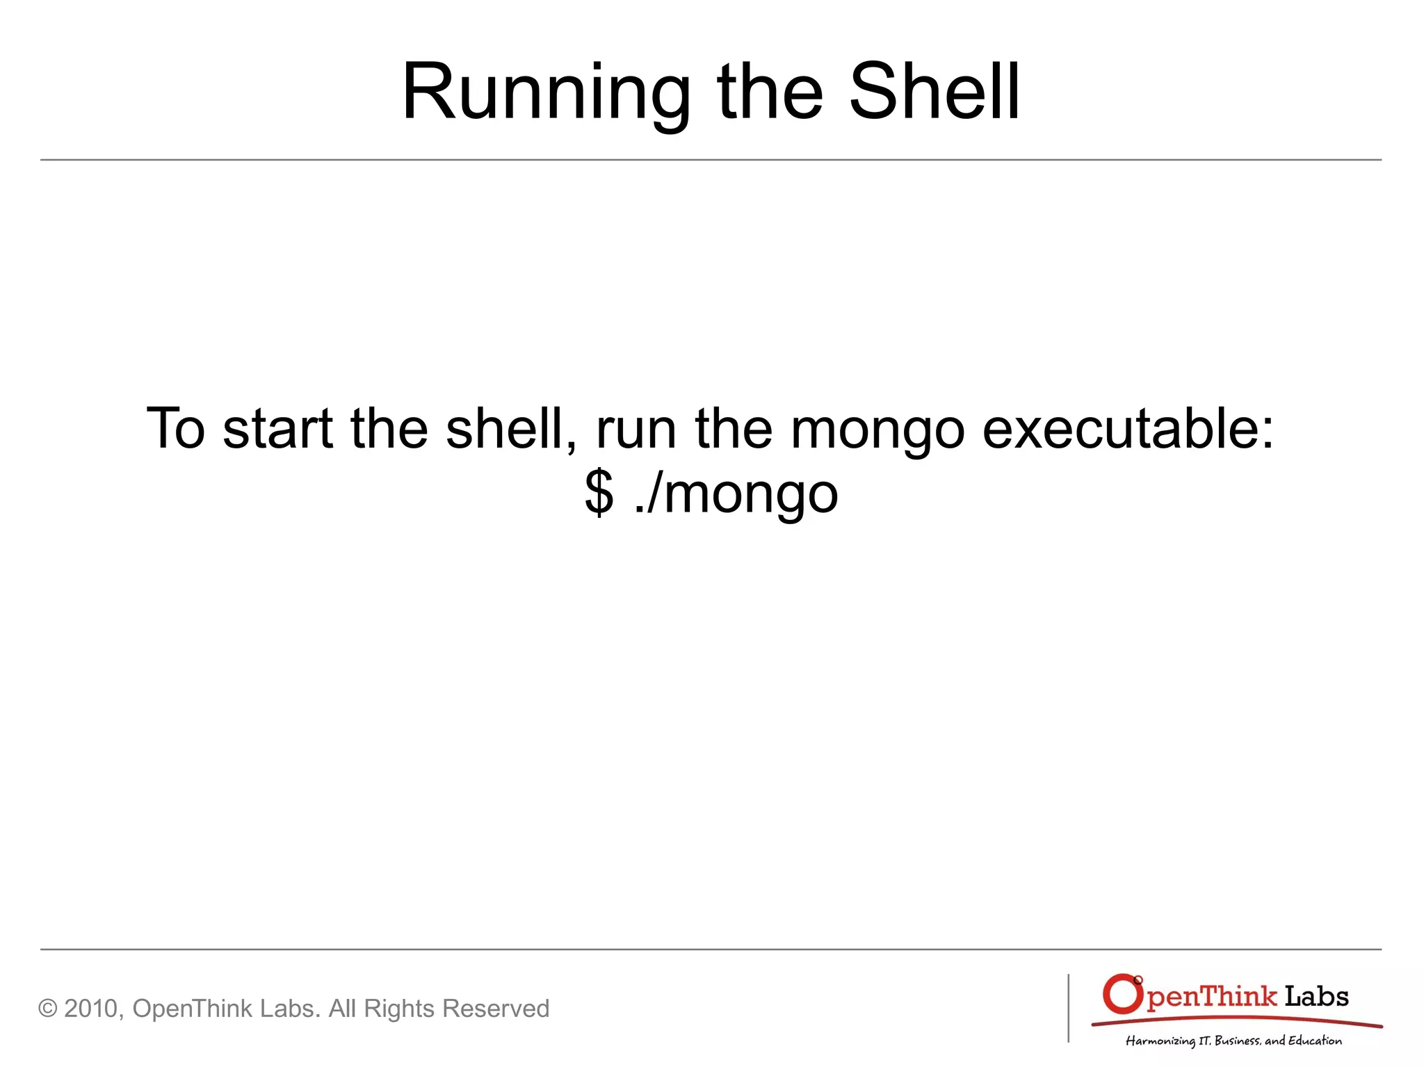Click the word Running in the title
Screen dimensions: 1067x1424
coord(546,94)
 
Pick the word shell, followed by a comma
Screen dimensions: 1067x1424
coord(511,429)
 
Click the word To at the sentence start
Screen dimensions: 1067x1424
coord(176,429)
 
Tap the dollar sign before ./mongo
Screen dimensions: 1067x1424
coord(599,493)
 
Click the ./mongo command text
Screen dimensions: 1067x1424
coord(736,494)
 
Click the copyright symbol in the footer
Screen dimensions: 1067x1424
coord(47,1009)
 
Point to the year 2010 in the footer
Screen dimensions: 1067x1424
coord(92,1009)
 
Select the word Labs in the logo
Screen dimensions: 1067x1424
coord(1316,997)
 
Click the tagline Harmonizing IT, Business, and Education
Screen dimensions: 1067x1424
coord(1233,1041)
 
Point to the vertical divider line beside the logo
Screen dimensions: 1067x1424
coord(1069,1008)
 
